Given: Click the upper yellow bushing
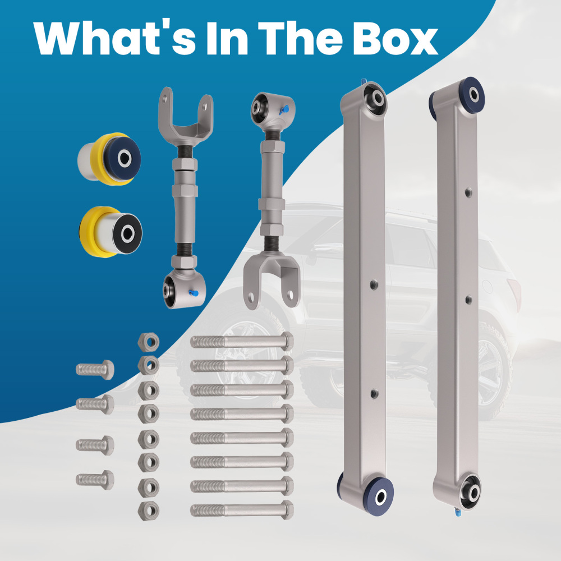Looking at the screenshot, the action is [109, 159].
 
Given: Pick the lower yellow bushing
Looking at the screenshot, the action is [111, 232].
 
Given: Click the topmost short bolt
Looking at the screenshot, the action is [95, 370].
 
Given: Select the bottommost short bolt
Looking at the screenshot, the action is [95, 480].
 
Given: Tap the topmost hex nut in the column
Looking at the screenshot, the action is [149, 342].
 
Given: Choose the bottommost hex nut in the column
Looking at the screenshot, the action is [149, 511].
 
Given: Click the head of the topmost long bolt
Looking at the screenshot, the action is [287, 341].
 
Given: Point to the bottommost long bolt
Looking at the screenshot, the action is [242, 510].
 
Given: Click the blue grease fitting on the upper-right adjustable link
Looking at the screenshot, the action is [285, 109].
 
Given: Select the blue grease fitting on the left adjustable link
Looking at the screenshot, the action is [194, 293].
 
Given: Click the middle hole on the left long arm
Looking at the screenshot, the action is [374, 284].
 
